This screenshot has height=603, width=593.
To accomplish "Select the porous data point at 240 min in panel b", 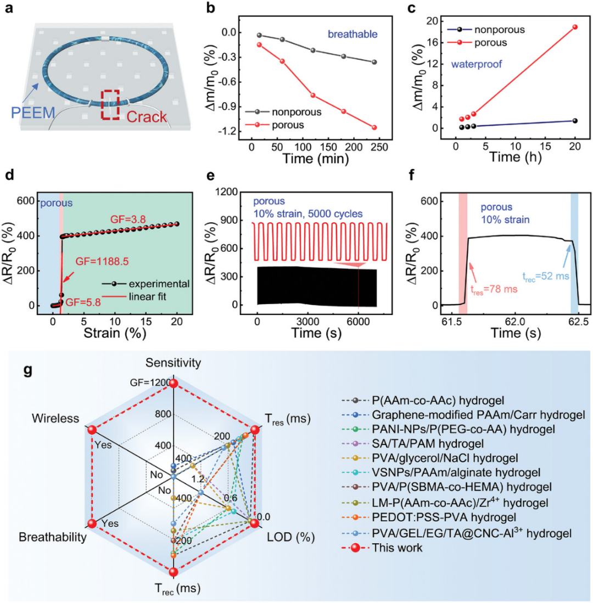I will tap(374, 127).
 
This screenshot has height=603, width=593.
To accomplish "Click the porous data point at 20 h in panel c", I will tap(574, 27).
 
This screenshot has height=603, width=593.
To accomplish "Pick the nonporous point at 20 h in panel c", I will tap(574, 121).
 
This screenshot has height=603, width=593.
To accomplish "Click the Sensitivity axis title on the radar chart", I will tap(172, 362).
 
